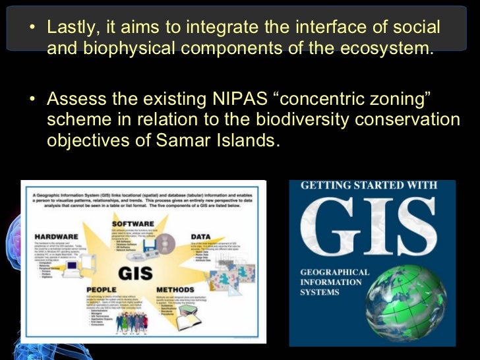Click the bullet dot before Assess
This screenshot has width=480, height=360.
pos(33,101)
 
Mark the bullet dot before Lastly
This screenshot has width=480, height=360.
pos(33,29)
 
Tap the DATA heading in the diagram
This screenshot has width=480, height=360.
pos(200,235)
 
